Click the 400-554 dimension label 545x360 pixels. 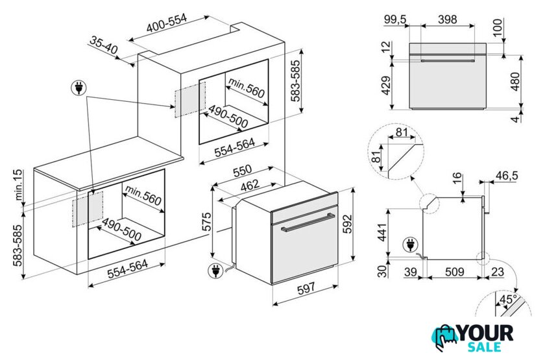tap(167, 23)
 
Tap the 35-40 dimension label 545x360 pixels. tap(104, 45)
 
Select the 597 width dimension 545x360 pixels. tap(306, 288)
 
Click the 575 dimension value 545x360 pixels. tap(206, 222)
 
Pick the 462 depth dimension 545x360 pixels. tap(250, 186)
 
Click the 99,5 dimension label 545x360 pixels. tap(395, 19)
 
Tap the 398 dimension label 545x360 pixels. tap(447, 19)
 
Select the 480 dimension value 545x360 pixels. tap(515, 81)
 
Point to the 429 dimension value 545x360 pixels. tap(386, 86)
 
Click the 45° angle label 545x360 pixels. tap(508, 299)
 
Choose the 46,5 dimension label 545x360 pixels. tap(507, 176)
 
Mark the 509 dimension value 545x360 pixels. tap(455, 271)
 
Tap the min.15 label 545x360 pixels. tap(18, 185)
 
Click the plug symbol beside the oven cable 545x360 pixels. tap(215, 270)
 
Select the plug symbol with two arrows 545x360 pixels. tap(79, 88)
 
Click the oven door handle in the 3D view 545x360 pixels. tap(308, 222)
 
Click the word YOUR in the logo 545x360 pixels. tap(486, 333)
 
